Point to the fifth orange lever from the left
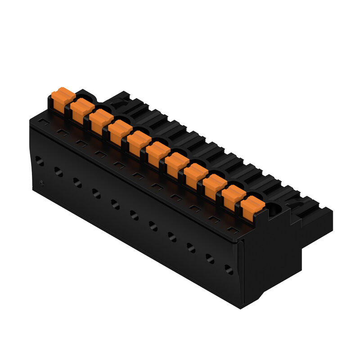(x=138, y=142)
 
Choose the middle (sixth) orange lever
(x=157, y=153)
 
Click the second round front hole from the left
(x=58, y=171)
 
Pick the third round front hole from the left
(x=77, y=182)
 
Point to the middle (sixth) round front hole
(x=135, y=215)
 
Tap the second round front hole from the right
(x=210, y=259)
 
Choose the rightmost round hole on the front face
(x=229, y=270)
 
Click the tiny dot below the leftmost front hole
(x=41, y=183)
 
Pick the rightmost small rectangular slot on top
(x=232, y=230)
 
